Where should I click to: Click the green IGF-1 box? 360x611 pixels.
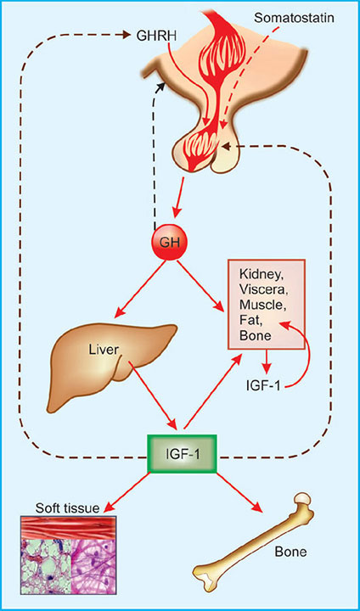click(182, 453)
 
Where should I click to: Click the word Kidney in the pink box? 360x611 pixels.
click(261, 276)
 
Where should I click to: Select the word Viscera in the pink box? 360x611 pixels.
click(262, 290)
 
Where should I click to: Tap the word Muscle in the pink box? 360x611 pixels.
click(262, 305)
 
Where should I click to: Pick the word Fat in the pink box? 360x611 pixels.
click(250, 320)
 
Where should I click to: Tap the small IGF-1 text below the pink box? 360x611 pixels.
click(264, 385)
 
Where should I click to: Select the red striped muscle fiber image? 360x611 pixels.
click(68, 528)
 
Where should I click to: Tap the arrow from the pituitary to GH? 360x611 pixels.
click(180, 198)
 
